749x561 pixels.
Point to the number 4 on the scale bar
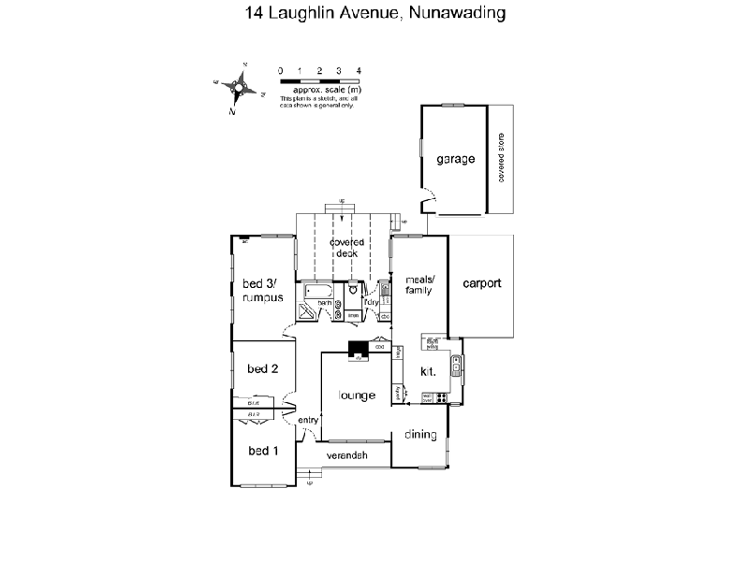click(359, 71)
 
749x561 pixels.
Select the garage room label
click(455, 159)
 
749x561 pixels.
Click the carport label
click(482, 283)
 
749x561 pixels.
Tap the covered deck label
click(345, 248)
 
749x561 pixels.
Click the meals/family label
click(418, 285)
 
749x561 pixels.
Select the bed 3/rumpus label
click(261, 290)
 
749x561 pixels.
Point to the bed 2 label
click(262, 368)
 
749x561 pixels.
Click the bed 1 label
click(262, 451)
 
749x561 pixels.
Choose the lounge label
click(358, 396)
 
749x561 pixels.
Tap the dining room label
click(419, 434)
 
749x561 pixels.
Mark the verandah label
click(345, 456)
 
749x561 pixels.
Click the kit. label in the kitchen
click(427, 371)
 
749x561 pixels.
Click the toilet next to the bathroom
click(353, 291)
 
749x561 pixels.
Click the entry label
click(308, 421)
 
